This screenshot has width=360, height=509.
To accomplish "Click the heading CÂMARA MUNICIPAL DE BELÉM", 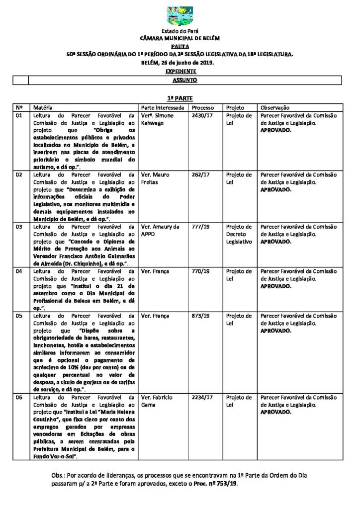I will [180, 38].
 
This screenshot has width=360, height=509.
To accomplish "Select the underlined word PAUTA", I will [180, 45].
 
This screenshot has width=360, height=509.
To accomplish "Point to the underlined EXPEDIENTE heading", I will [180, 72].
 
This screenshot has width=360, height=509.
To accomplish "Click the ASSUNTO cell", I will [185, 80].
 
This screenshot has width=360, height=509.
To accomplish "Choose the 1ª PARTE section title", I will [180, 99].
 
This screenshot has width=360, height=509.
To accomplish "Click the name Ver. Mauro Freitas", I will [156, 178].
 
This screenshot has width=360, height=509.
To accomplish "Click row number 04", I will [20, 271].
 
